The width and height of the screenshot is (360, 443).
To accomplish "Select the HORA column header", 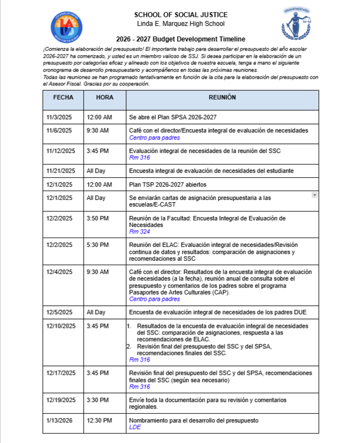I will coord(105,97).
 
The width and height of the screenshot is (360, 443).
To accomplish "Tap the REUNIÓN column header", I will coord(222,97).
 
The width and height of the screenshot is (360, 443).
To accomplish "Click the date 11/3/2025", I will coord(59,117).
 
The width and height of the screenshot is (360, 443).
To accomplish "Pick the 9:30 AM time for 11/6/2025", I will coord(97,130).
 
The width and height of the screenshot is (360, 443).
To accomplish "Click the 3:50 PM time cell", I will coord(97,218).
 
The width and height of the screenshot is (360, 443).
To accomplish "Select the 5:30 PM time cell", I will coord(97,245).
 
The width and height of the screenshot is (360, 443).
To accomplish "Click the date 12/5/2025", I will coord(59,312).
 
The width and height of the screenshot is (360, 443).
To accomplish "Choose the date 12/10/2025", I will coord(61,326).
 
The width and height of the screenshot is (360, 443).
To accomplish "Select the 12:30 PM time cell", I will coord(99,421).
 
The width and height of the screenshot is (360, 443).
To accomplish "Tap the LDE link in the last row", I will coord(135,427).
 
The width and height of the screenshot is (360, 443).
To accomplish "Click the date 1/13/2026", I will coord(59,421).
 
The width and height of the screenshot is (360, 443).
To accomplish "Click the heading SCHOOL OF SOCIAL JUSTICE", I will coord(181,14).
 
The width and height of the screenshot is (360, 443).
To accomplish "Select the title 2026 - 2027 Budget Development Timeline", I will coord(181,39).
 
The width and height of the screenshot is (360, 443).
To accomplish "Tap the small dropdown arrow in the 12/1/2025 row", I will coord(315,195).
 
